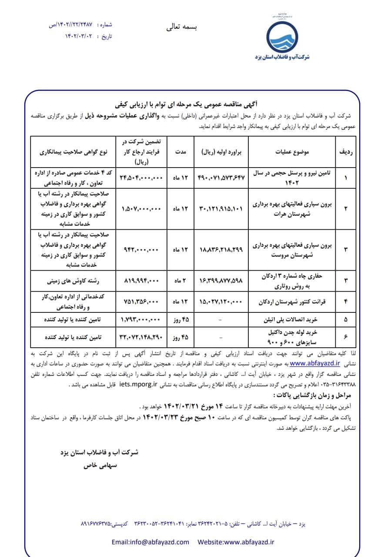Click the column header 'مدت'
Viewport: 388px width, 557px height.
click(181, 152)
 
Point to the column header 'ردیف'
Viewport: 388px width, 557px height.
click(346, 152)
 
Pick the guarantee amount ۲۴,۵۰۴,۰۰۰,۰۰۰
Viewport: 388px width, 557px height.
click(140, 178)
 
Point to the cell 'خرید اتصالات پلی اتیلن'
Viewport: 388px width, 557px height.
click(295, 319)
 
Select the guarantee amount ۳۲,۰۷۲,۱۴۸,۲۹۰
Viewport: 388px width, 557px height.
click(140, 336)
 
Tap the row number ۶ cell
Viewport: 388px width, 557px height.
click(346, 336)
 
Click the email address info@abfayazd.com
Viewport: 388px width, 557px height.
click(150, 542)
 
